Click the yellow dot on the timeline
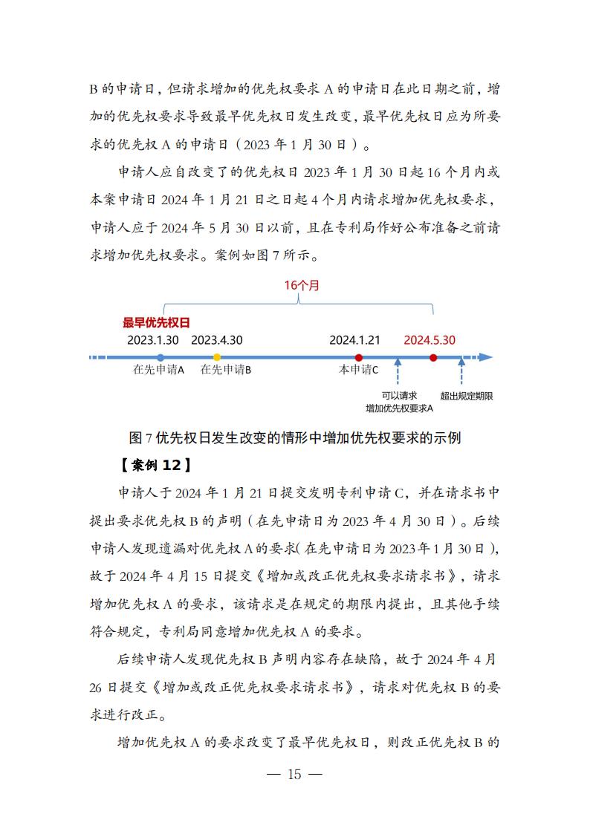[217, 357]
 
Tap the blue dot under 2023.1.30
[161, 357]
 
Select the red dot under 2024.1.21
[359, 357]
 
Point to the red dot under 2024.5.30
[433, 357]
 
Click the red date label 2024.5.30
[429, 340]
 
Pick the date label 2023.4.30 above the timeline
[217, 340]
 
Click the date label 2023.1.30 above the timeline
[153, 340]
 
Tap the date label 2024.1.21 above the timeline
[354, 340]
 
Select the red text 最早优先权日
[156, 323]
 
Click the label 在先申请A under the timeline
[158, 370]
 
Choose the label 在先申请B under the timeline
[226, 370]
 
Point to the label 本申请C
[358, 370]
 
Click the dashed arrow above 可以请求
[398, 371]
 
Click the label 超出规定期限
[467, 396]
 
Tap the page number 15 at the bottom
[294, 775]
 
